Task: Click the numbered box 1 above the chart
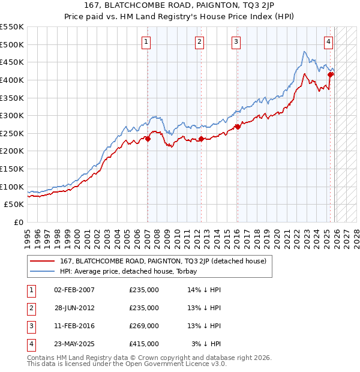click(147, 41)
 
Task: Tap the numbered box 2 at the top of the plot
click(199, 41)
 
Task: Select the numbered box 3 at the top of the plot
click(236, 41)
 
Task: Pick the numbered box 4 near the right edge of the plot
click(329, 41)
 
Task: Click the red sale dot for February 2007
click(148, 139)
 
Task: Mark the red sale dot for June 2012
click(201, 139)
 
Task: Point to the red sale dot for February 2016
click(238, 127)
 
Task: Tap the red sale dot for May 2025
click(331, 74)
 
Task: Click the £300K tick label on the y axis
click(12, 115)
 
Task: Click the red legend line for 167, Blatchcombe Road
click(43, 261)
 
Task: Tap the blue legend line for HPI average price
click(43, 271)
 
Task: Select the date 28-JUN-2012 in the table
click(74, 308)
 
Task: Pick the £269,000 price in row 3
click(144, 326)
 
